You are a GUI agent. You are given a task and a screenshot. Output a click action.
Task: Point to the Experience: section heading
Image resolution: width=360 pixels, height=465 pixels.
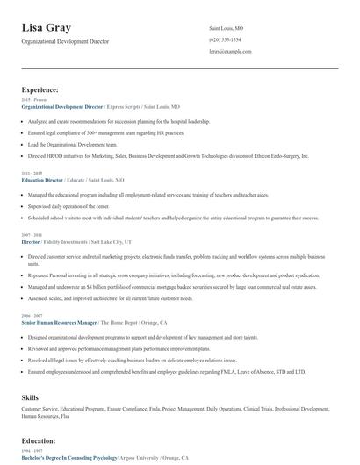pyautogui.click(x=40, y=89)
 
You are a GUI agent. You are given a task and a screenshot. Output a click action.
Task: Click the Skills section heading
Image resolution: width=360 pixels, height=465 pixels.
pyautogui.click(x=30, y=397)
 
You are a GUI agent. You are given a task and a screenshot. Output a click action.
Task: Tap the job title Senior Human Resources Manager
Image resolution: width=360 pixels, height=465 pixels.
pyautogui.click(x=58, y=323)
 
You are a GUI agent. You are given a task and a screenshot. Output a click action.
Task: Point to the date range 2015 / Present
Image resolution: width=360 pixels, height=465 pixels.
pyautogui.click(x=32, y=99)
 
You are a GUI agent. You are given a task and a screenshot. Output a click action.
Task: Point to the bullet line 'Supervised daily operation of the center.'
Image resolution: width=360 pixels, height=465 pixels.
pyautogui.click(x=73, y=206)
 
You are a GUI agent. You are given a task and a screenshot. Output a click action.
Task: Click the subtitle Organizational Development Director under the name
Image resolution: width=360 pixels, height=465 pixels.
pyautogui.click(x=67, y=42)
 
